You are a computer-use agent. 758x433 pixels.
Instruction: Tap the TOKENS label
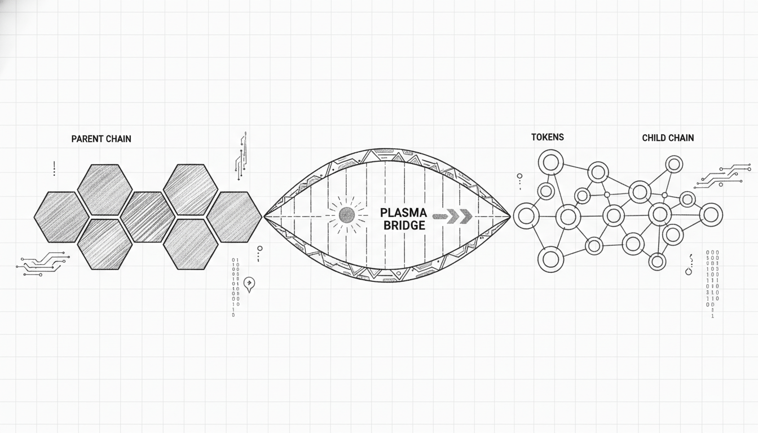click(x=547, y=137)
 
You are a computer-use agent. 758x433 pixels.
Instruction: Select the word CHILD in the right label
click(x=654, y=138)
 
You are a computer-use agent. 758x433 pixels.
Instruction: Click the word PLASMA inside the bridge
click(x=403, y=213)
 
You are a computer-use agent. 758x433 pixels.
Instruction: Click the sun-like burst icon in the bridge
click(x=346, y=215)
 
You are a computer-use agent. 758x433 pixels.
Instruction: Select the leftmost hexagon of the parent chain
click(x=61, y=217)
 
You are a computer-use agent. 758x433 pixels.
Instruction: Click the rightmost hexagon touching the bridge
click(x=234, y=217)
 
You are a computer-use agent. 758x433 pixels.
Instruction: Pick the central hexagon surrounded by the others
click(x=148, y=217)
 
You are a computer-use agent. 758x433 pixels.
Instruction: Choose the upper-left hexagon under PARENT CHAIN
click(x=105, y=190)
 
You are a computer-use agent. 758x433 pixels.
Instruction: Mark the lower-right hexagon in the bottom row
click(x=191, y=244)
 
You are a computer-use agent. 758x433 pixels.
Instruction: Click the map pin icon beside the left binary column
click(x=249, y=284)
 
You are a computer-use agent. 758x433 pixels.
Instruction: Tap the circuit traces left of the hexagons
click(x=43, y=264)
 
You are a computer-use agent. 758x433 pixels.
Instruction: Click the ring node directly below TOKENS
click(x=551, y=163)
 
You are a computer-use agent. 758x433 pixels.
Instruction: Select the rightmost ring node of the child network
click(x=711, y=215)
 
